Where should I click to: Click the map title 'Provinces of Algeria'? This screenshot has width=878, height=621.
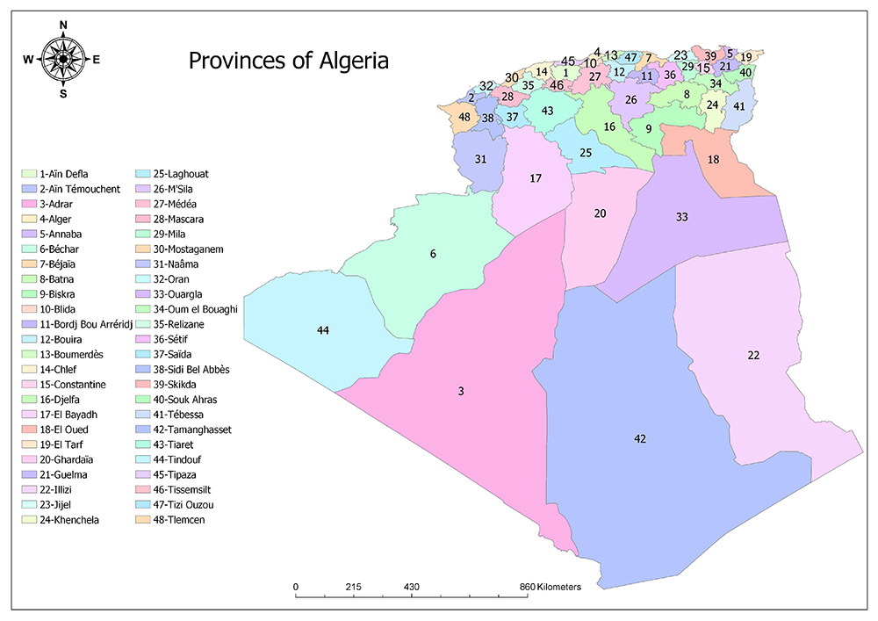(x=289, y=61)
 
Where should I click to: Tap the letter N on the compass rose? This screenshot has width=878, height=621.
(x=63, y=25)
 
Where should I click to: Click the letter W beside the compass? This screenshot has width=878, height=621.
(x=28, y=60)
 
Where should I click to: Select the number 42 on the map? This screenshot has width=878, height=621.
(x=641, y=437)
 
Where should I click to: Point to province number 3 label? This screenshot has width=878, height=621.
(x=461, y=391)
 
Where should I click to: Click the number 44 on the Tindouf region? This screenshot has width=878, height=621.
(x=323, y=329)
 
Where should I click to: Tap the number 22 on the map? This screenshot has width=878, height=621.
(x=753, y=355)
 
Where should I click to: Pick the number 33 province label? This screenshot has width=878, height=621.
(x=682, y=216)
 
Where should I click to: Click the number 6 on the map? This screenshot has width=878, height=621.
(x=433, y=254)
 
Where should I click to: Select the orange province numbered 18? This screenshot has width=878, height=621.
(x=714, y=159)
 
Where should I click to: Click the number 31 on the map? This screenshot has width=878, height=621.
(x=480, y=159)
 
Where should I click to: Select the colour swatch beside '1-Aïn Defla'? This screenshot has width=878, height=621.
(x=29, y=174)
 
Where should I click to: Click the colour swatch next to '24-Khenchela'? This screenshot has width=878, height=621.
(x=29, y=519)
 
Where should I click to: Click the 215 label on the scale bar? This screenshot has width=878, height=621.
(x=354, y=586)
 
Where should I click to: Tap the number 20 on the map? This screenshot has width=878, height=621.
(x=601, y=213)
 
